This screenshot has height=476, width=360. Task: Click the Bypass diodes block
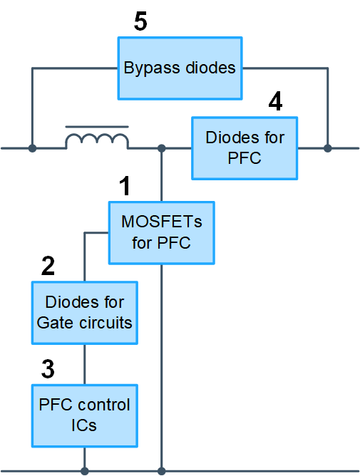pos(180,68)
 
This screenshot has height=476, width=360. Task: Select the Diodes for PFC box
pos(245,148)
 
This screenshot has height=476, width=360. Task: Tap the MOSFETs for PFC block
pos(162,233)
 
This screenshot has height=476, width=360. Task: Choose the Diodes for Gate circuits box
pos(85,313)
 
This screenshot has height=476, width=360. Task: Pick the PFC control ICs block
pos(85,416)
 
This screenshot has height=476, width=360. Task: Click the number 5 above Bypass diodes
pos(140,21)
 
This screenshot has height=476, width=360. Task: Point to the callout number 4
pos(276,101)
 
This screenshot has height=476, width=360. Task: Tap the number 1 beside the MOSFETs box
pos(125,186)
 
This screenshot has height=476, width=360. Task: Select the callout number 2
pos(48,266)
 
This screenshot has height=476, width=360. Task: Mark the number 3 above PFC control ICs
pos(48,369)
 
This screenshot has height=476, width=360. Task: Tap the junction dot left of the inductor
pos(32,148)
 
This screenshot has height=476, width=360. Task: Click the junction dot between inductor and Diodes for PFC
pos(162,148)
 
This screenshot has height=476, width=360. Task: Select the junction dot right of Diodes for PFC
pos(327,148)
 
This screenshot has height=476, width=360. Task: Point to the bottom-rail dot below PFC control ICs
pos(85,471)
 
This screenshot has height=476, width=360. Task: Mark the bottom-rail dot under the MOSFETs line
pos(162,471)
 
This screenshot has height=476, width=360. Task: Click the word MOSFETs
pos(162,222)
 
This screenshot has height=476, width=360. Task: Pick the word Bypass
pos(152,68)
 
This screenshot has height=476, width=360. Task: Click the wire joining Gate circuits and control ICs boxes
pos(84,365)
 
